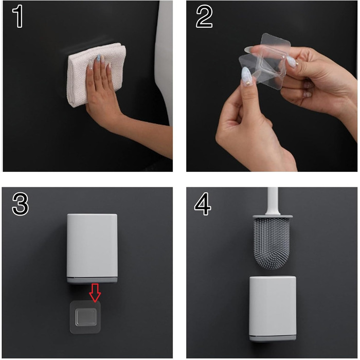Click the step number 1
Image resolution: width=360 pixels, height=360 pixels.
[x=17, y=16]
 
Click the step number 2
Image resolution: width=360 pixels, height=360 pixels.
[x=204, y=16]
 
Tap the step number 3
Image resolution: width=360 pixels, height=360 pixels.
[x=20, y=204]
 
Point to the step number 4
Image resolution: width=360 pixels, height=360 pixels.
[x=203, y=204]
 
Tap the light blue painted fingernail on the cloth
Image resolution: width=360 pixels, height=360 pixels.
[x=99, y=58]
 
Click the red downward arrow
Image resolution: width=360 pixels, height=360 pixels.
[x=95, y=293]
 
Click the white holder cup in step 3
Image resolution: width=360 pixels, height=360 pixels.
[x=92, y=248]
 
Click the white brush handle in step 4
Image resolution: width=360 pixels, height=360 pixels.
[x=273, y=201]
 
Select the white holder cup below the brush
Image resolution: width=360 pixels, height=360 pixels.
[x=273, y=309]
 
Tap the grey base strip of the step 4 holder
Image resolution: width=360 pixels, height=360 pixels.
[x=273, y=338]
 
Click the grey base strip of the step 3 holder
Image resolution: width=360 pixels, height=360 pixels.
[x=92, y=280]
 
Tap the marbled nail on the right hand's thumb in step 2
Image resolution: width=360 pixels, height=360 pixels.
[x=292, y=62]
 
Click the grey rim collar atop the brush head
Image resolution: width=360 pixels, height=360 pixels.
[x=273, y=217]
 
